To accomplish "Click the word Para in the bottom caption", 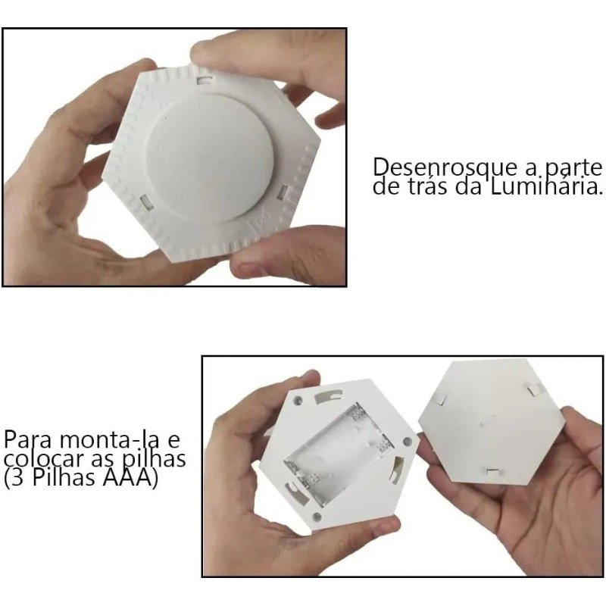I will point(28,441).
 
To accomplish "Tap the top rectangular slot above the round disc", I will point(203,77).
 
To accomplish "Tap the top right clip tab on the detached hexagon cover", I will point(535,389).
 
